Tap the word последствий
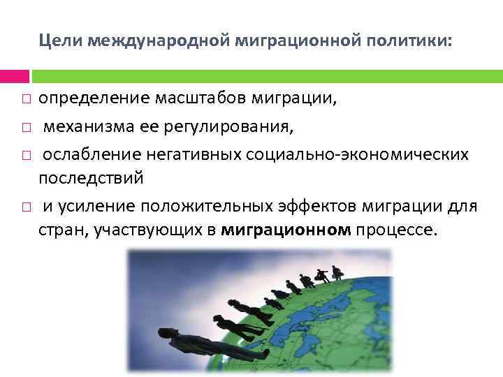tap(91, 178)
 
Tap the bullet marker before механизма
tap(24, 128)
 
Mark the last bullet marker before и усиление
tap(24, 207)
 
